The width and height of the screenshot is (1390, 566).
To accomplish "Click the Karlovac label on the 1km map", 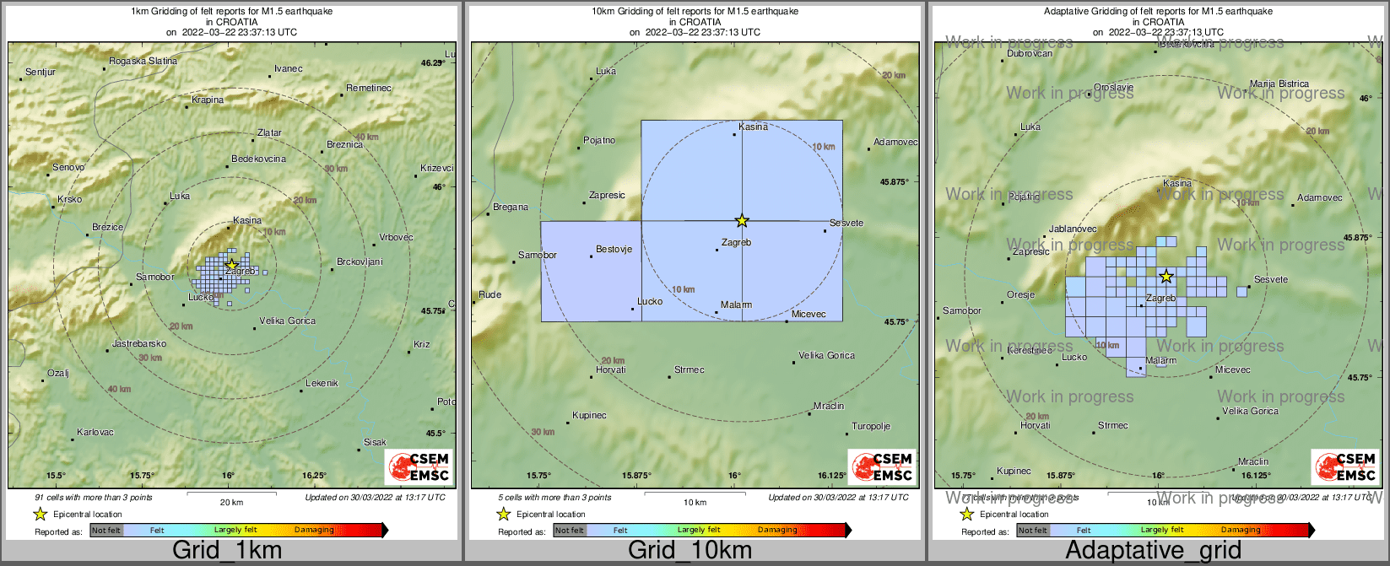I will point(95,433).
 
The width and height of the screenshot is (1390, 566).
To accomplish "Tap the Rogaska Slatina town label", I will point(143,61).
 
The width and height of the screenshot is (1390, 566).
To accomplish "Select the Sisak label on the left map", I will point(375,442).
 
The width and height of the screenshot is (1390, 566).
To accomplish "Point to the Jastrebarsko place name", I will point(139,344).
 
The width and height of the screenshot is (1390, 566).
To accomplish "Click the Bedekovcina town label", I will point(258,159).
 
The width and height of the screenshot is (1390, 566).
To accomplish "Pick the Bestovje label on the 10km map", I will point(614,250).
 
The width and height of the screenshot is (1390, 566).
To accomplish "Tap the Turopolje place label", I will point(871,427).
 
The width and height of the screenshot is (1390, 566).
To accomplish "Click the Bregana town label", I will point(511,208).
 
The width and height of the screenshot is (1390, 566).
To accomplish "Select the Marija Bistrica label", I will point(1279,84).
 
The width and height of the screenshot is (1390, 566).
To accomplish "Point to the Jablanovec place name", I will point(1073,229).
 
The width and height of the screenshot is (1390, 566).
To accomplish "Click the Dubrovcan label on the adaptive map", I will point(1030,54).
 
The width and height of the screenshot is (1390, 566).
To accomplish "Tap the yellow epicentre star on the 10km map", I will point(742,221).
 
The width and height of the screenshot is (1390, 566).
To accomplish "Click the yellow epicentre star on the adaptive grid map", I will point(1166,277).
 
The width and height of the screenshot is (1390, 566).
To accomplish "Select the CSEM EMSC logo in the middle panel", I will point(881,467).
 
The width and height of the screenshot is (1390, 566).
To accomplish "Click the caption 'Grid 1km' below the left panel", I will point(227,551).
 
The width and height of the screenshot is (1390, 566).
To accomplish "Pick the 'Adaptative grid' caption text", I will point(1153,551).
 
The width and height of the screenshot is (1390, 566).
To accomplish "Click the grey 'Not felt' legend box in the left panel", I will point(106,531).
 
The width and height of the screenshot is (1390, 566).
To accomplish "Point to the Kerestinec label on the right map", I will point(1029,351).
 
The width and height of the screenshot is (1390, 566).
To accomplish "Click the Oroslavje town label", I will point(1113,88).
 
